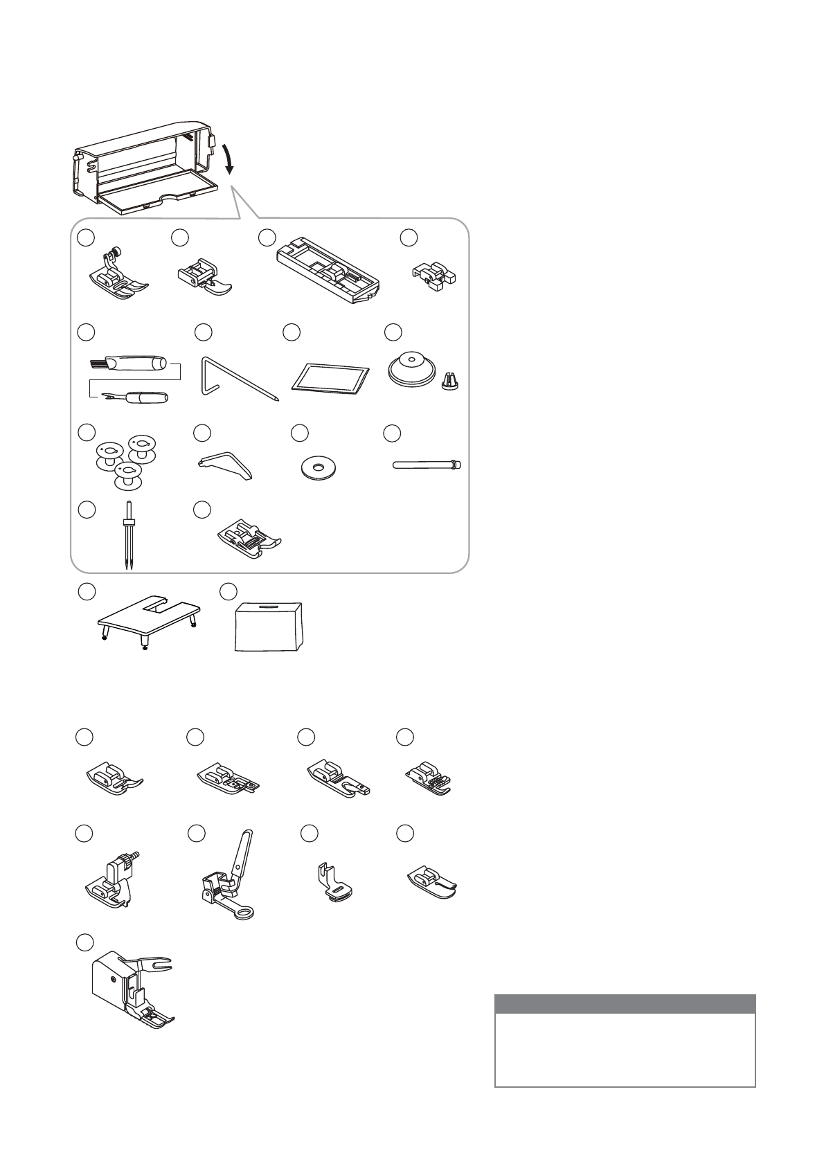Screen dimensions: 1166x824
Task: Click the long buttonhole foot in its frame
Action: (x=328, y=274)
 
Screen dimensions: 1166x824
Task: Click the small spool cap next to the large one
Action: (x=449, y=379)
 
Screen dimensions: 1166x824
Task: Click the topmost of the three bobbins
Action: (x=143, y=447)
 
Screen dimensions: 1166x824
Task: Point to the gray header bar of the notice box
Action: (x=625, y=1004)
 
